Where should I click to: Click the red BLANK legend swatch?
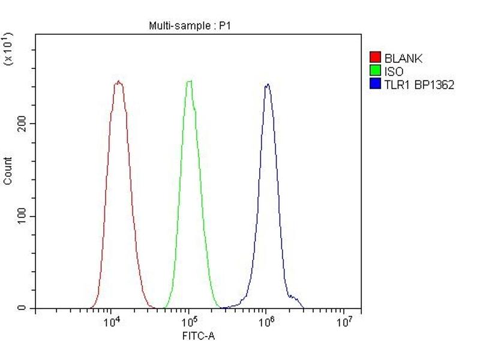coord(375,58)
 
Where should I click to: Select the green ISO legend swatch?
coord(375,71)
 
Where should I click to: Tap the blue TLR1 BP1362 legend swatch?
coord(375,85)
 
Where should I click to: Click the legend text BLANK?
coord(403,58)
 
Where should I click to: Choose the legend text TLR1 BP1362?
coord(419,85)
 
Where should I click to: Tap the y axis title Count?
coord(8,170)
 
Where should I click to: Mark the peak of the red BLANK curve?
coord(118,82)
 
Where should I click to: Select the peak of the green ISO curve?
coord(190,81)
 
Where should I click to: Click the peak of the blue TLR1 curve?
coord(267,84)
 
